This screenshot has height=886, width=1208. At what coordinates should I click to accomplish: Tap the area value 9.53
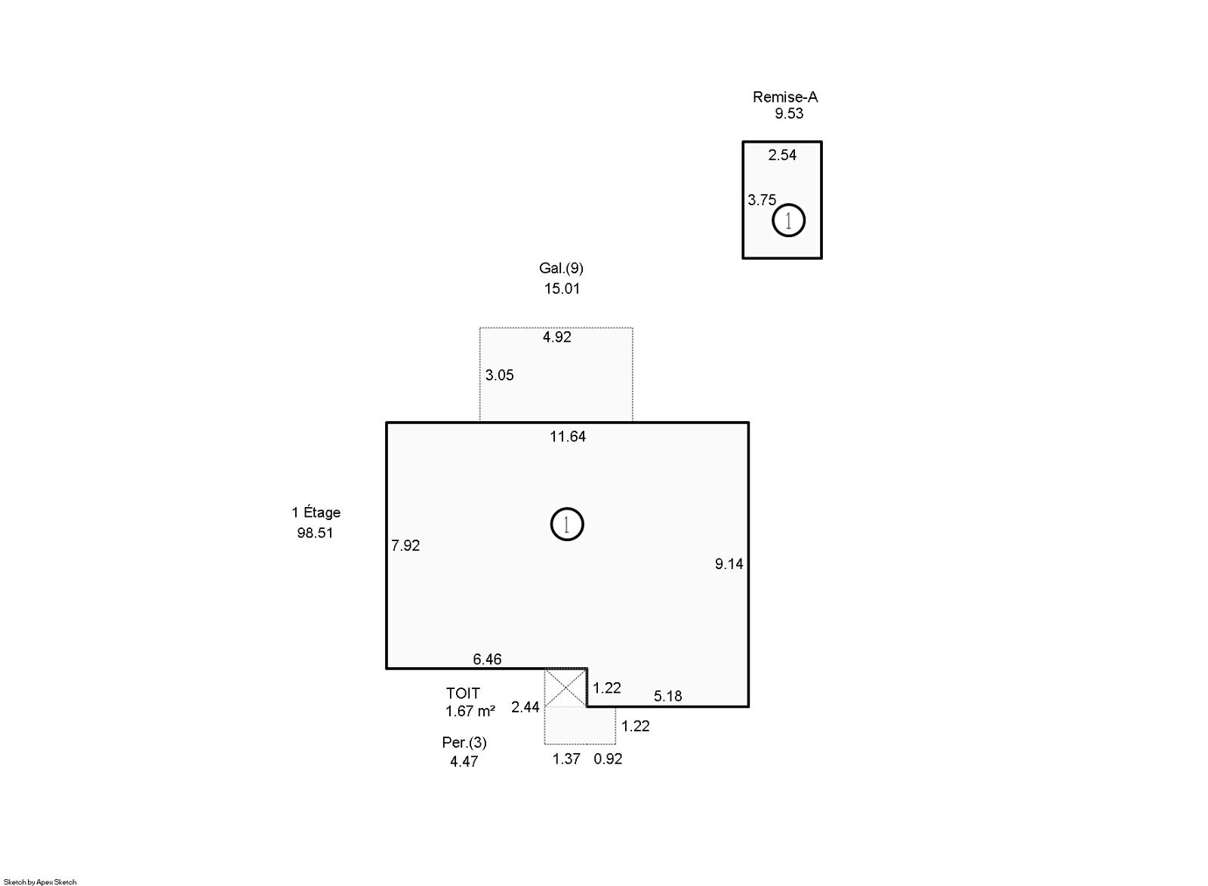pos(789,114)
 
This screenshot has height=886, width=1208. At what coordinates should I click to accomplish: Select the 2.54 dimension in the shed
pos(782,155)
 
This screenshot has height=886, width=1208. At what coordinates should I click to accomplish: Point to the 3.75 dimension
pos(762,201)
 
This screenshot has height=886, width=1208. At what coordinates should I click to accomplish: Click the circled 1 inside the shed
pos(788,220)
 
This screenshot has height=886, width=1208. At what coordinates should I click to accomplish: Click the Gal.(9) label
pos(561,269)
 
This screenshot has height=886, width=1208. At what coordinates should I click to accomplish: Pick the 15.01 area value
pos(562,289)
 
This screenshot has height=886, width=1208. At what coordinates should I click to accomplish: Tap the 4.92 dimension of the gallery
pos(556,337)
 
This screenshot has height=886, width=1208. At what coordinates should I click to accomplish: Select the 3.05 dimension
pos(499,375)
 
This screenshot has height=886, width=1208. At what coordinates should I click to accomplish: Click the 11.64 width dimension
pos(567,436)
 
